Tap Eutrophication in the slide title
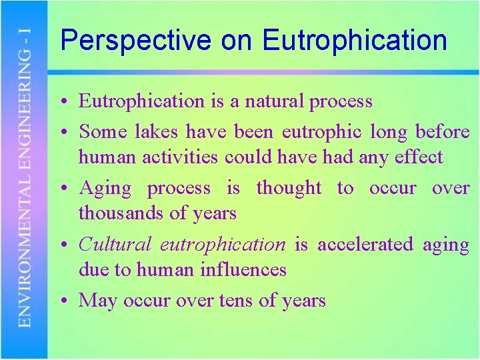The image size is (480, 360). [x=354, y=41]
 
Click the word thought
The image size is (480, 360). [x=289, y=188]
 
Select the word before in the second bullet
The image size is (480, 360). [x=442, y=131]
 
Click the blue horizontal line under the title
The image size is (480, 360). [x=267, y=72]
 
